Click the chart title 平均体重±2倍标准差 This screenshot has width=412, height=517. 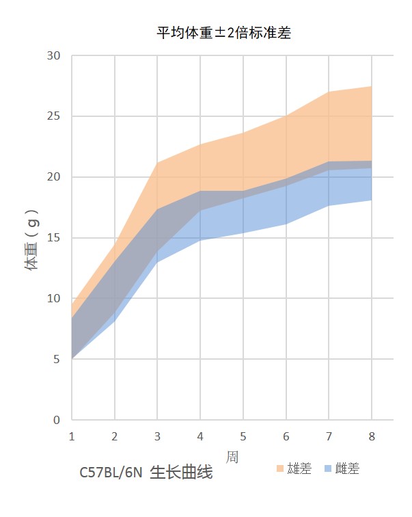coord(223,32)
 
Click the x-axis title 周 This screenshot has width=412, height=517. coord(232,455)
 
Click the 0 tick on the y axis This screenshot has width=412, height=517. coord(57,420)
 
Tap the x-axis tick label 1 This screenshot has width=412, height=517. coord(72,436)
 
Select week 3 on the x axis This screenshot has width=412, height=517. coord(157,436)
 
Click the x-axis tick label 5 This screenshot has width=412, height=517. coord(243,436)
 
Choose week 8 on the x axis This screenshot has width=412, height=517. coord(371,436)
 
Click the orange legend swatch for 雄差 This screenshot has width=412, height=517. coord(280,469)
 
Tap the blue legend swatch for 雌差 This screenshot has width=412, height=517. coord(328,469)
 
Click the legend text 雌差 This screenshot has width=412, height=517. coord(347,469)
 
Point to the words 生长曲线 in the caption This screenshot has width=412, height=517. coord(181,473)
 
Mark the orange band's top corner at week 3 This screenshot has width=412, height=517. coord(157,163)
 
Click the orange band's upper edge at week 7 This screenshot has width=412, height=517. coord(329,92)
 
